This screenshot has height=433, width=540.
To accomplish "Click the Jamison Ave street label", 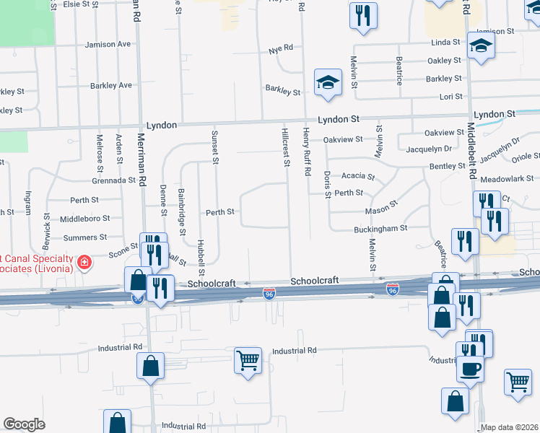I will pyautogui.click(x=108, y=45).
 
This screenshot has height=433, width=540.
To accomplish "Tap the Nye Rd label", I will pyautogui.click(x=280, y=49).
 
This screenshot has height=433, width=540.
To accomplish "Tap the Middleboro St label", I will pyautogui.click(x=84, y=218).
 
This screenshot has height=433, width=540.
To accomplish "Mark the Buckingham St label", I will pyautogui.click(x=380, y=228).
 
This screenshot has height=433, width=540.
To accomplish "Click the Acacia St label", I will pyautogui.click(x=358, y=176).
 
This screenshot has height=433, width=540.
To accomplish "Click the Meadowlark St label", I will pyautogui.click(x=508, y=179).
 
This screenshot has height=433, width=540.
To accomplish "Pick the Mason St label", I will pyautogui.click(x=381, y=209).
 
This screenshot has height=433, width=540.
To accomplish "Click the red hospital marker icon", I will pyautogui.click(x=84, y=261).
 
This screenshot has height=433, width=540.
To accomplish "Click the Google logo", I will pyautogui.click(x=24, y=424).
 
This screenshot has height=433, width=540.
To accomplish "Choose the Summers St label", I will pyautogui.click(x=85, y=237).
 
